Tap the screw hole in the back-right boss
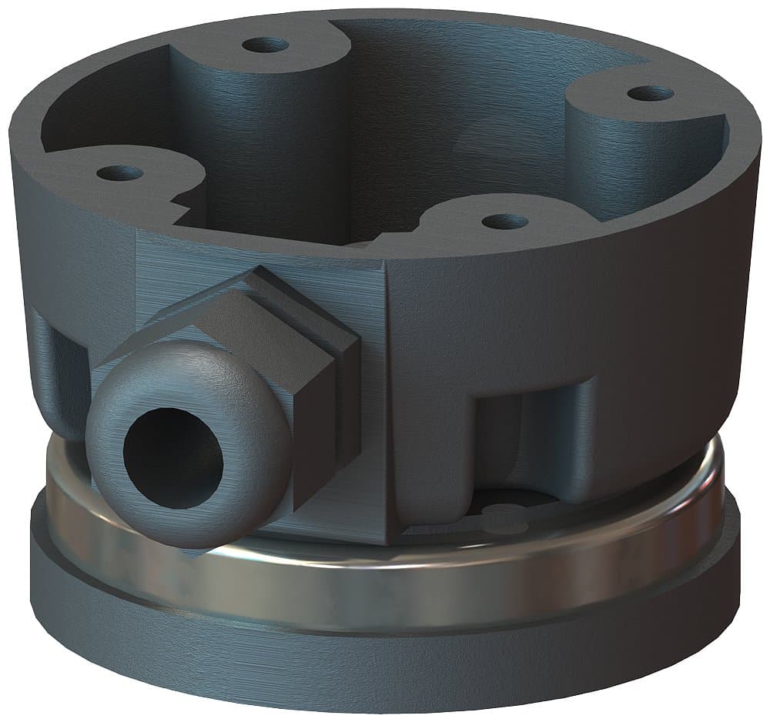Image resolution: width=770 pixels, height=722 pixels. [x=650, y=94]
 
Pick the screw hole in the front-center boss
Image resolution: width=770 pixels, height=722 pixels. [x=504, y=222]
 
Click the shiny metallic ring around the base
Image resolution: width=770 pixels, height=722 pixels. [x=385, y=577]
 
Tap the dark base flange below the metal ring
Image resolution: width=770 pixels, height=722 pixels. [x=385, y=662]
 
